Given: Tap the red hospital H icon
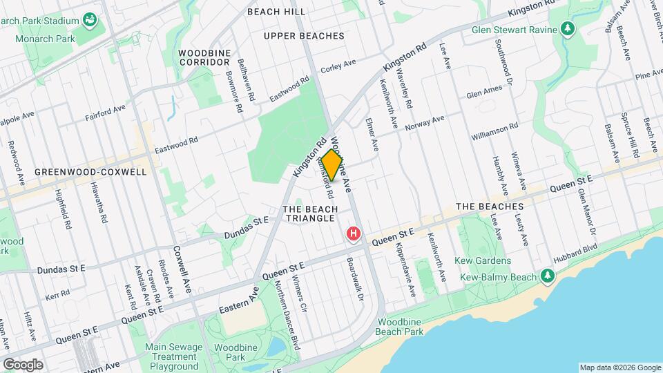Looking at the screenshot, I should pos(354,235).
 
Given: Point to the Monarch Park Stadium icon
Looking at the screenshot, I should pos(89,19).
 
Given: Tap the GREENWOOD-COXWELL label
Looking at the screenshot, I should pos(90,171).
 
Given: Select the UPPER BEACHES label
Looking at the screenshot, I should pos(304,35).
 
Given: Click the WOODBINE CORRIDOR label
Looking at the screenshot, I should pos(203,57).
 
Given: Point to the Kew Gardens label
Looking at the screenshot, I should pos(483,260).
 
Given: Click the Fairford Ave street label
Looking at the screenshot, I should pos(106,108).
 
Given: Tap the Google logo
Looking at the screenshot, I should pos(23,364).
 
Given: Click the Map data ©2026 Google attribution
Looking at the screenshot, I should pos(619,367).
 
